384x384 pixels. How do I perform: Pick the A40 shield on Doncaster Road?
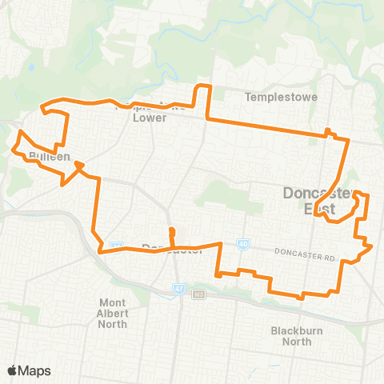tap(242, 243)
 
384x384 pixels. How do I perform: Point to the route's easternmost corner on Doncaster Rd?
tap(372, 248)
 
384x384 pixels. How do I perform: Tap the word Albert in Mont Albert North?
tap(124, 313)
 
